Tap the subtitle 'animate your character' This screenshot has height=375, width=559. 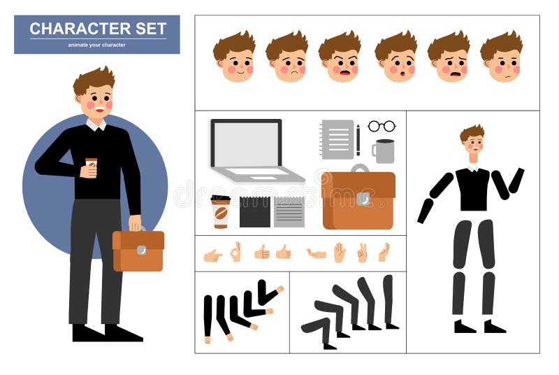coord(96,45)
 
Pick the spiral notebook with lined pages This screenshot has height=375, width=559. coord(337,139)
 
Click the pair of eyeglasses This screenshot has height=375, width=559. coord(382,126)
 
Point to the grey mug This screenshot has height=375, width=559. coord(384,151)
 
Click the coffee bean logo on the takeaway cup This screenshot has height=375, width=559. coord(221,214)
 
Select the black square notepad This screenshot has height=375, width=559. coord(254,212)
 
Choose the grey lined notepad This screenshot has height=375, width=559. coord(289,212)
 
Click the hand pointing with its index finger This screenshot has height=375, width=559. coord(212,255)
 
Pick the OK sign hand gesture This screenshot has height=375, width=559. coord(235,252)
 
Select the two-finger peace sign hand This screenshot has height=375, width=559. coord(362,253)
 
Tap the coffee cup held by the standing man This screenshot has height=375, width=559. coord(91,166)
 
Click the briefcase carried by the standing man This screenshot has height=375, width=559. coord(138,250)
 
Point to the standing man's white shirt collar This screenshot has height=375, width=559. coord(96,125)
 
